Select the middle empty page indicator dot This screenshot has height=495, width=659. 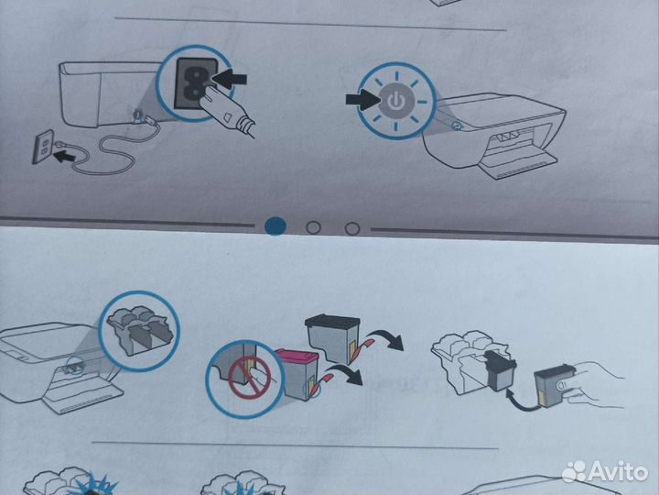pyautogui.click(x=313, y=227)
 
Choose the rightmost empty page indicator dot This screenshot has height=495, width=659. pyautogui.click(x=351, y=227)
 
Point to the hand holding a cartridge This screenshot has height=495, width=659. pyautogui.click(x=595, y=374)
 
